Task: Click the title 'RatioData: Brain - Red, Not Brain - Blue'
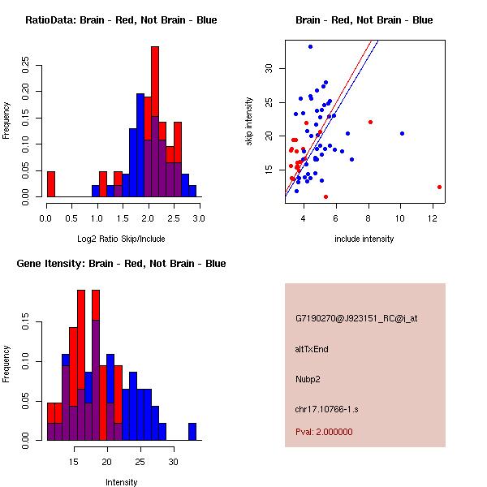(x=121, y=20)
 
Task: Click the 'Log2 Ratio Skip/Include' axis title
(x=121, y=239)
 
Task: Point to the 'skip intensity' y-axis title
(x=249, y=122)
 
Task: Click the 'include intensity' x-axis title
(x=364, y=239)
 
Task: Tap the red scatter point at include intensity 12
(x=439, y=187)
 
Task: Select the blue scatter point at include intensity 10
(x=402, y=133)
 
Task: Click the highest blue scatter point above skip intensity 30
(x=310, y=46)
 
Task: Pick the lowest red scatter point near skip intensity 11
(x=325, y=196)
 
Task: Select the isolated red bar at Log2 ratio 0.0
(x=51, y=184)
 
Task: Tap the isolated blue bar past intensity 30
(x=192, y=432)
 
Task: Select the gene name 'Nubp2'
(x=308, y=379)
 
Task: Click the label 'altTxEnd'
(x=312, y=349)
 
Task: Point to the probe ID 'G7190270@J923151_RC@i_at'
(x=356, y=319)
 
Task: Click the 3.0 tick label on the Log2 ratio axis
(x=199, y=218)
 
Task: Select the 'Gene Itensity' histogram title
(x=120, y=264)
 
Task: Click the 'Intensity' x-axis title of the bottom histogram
(x=121, y=482)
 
